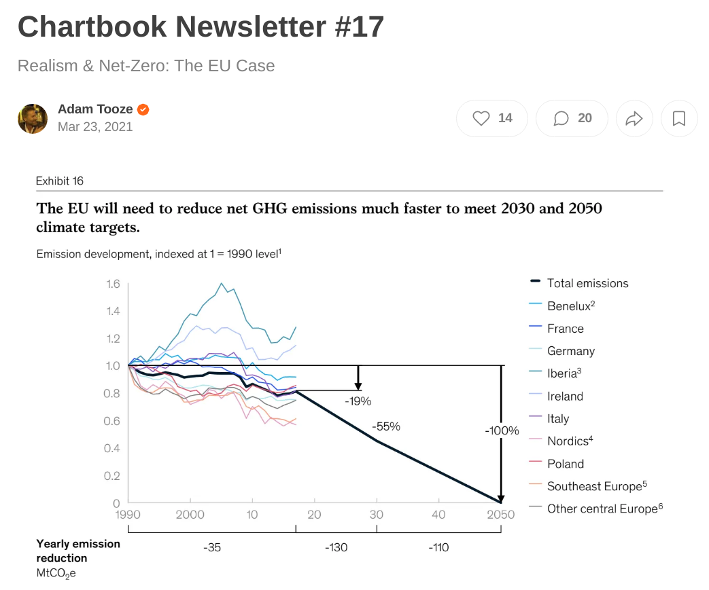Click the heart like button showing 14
tap(492, 118)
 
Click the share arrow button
tap(634, 119)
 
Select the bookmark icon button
tap(678, 119)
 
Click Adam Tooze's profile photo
tap(33, 119)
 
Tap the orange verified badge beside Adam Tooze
tap(143, 109)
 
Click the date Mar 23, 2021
tap(95, 127)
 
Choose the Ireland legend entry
tap(564, 396)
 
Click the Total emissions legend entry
tap(587, 283)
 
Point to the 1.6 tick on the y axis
tap(113, 284)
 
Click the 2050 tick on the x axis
tap(500, 515)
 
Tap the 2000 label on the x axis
tap(190, 515)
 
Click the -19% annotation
tap(358, 401)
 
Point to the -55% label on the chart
tap(386, 427)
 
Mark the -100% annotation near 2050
tap(502, 430)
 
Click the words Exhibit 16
tap(60, 181)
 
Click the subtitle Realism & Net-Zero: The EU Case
tap(146, 66)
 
